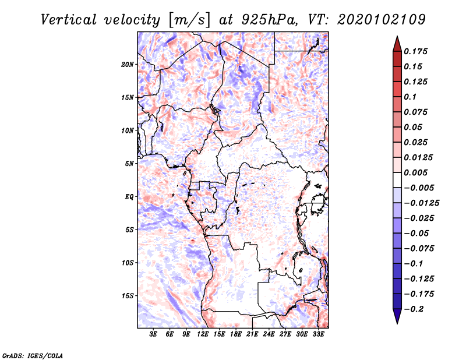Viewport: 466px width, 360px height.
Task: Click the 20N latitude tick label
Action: [x=128, y=64]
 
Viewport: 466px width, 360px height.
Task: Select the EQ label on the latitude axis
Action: [x=129, y=197]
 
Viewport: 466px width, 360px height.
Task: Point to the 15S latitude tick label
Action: [x=128, y=296]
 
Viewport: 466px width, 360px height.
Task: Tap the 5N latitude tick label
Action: [x=129, y=164]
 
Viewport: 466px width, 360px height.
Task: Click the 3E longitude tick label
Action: [x=154, y=334]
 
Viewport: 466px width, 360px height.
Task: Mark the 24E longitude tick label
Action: [x=269, y=334]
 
